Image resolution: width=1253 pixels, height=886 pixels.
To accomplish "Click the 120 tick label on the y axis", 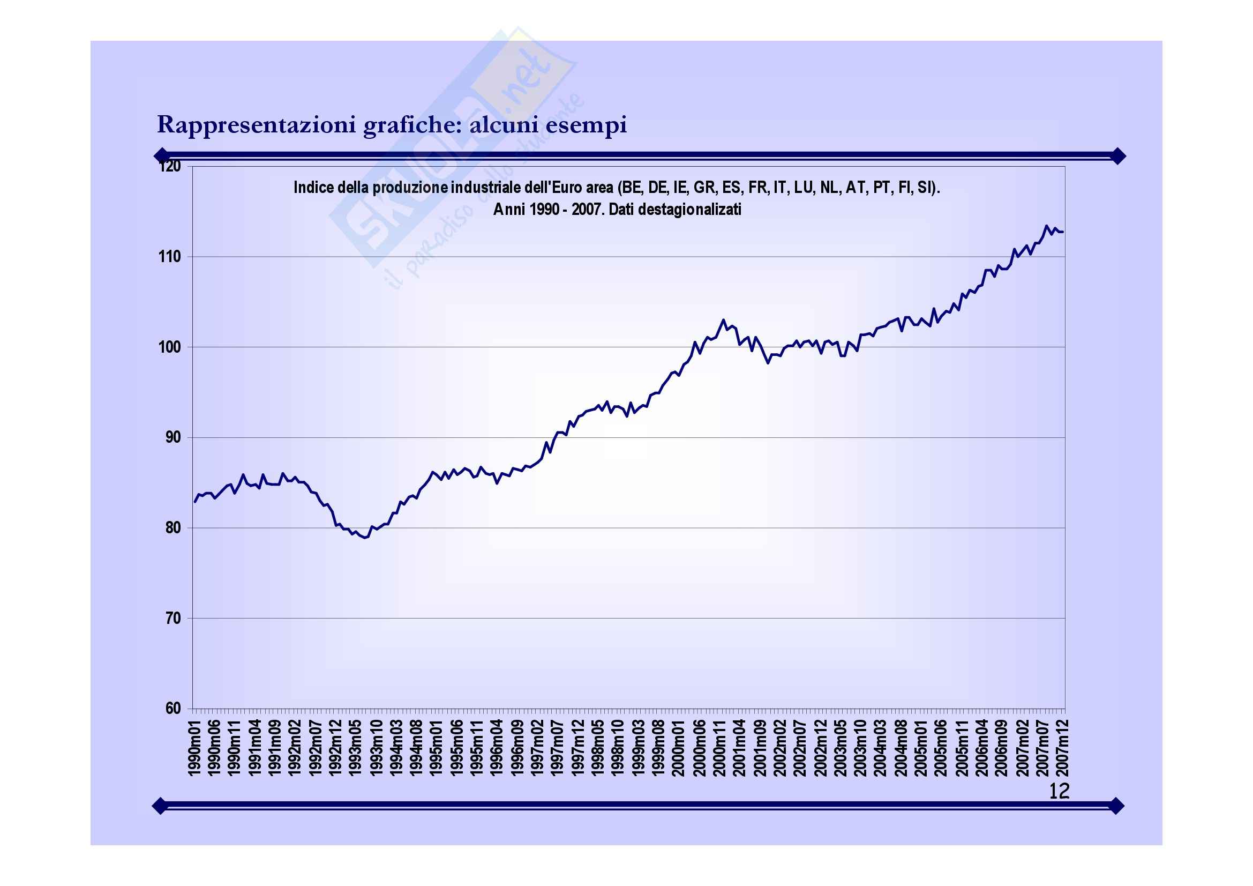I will coord(169,166).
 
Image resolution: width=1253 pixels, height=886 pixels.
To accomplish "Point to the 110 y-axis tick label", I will coord(169,257).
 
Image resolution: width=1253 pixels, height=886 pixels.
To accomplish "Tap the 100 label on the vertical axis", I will coord(169,347).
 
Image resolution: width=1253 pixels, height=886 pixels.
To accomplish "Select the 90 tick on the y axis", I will coord(172,438).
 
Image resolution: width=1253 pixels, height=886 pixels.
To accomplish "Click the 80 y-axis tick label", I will coord(172,528).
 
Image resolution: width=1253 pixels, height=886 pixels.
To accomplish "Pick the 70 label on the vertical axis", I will coord(172,619).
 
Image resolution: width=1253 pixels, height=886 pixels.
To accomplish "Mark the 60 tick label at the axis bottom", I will coord(172,709).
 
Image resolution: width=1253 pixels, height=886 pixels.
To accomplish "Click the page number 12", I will coord(1059,791).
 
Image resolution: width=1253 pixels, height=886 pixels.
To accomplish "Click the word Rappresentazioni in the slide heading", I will coord(257,125).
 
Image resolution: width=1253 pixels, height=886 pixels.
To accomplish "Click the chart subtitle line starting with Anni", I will coord(617,210).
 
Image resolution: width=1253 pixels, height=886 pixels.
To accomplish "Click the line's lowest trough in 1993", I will coord(365,538).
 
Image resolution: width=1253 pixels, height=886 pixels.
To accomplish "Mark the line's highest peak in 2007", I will coord(1046,226).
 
